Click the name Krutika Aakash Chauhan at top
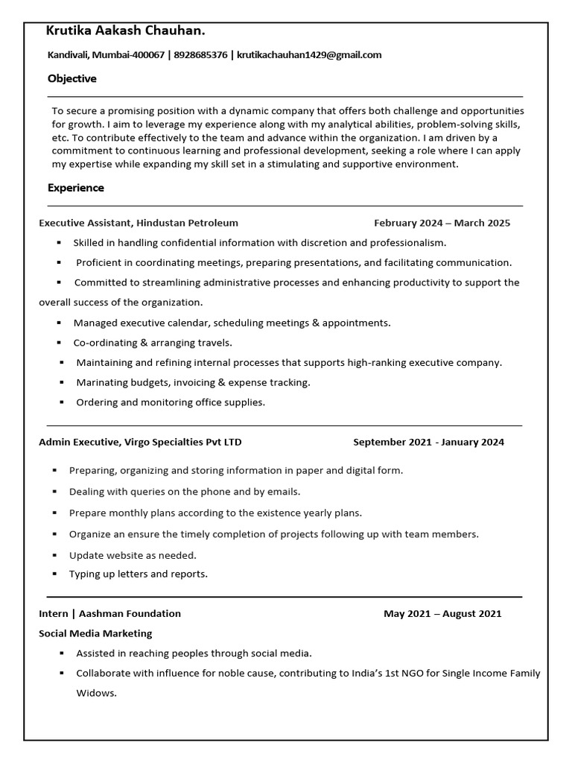click(125, 31)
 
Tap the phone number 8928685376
click(200, 54)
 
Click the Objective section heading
click(71, 78)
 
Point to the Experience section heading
click(75, 188)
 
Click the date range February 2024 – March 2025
click(442, 223)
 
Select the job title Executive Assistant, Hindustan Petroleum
click(139, 223)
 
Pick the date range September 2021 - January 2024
click(428, 442)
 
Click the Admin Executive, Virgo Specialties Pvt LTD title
click(140, 442)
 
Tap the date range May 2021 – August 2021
click(442, 614)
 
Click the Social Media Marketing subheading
click(95, 633)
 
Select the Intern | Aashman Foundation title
click(109, 614)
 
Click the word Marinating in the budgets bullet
click(101, 382)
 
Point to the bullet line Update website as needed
click(133, 555)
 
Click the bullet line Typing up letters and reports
click(138, 574)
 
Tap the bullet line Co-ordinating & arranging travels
click(153, 343)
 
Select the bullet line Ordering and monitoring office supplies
click(171, 402)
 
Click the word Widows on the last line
click(96, 693)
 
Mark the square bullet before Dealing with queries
click(55, 493)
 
